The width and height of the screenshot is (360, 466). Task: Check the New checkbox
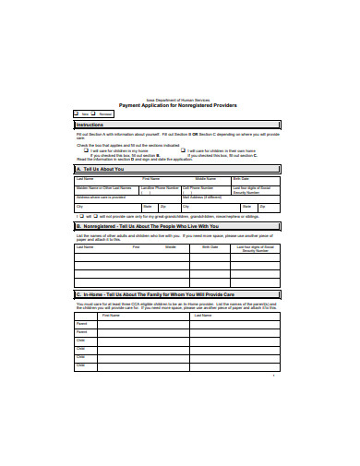[76, 114]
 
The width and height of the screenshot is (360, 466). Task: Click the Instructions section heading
[90, 125]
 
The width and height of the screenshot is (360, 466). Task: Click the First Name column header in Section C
[111, 315]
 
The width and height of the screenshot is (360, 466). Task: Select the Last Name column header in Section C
[212, 315]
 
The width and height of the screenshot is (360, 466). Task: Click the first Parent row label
[81, 324]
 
